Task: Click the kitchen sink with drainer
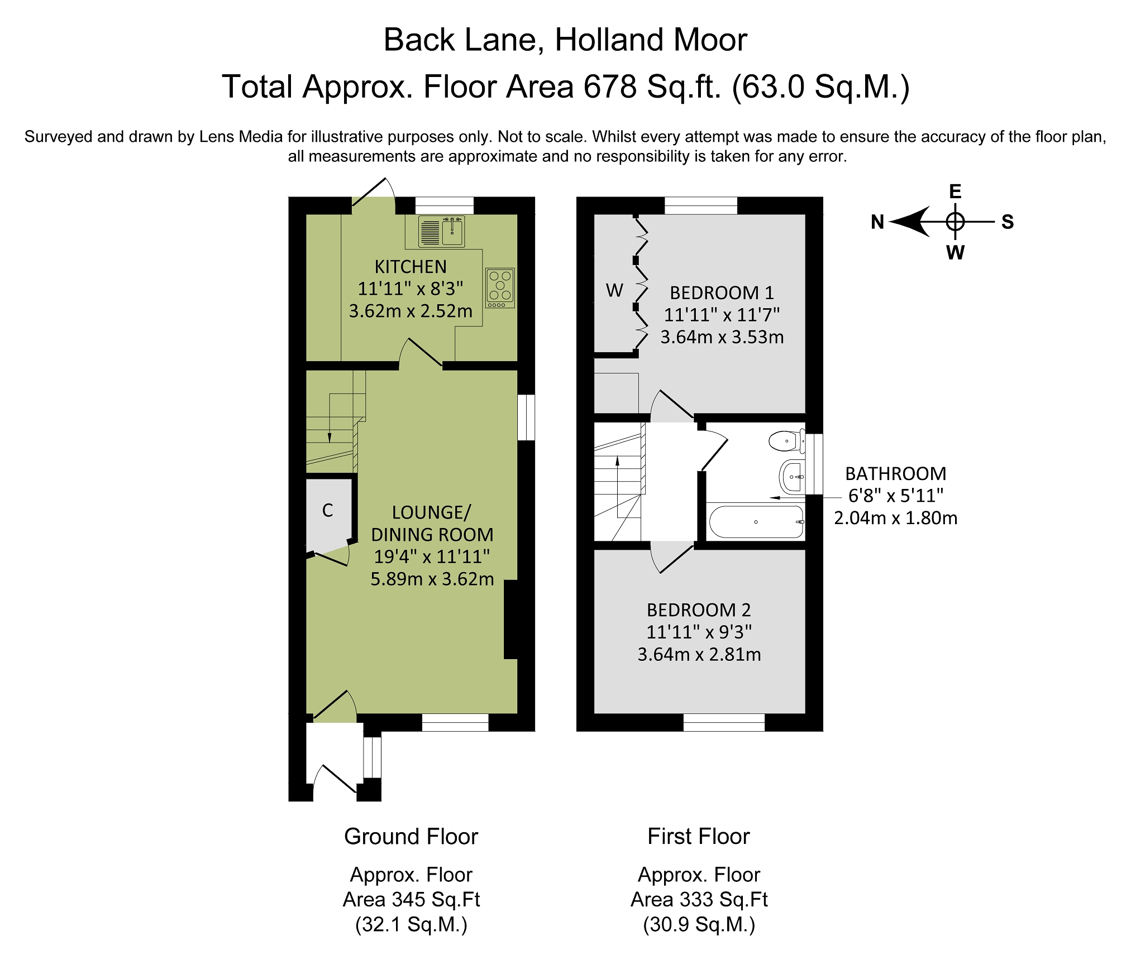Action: point(441,231)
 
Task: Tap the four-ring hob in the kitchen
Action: point(500,288)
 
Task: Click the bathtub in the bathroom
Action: point(756,522)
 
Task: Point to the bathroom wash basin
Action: point(792,477)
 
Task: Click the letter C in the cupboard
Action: point(328,510)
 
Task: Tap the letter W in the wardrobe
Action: point(614,290)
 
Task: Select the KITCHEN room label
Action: point(411,267)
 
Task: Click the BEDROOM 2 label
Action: point(699,610)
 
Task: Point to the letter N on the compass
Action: point(877,222)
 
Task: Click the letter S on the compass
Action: point(1008,222)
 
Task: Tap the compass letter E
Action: point(955,191)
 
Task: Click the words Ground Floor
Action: point(411,837)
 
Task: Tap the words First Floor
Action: point(699,837)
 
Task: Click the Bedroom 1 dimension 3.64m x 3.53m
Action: point(722,337)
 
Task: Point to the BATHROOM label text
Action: point(896,473)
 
